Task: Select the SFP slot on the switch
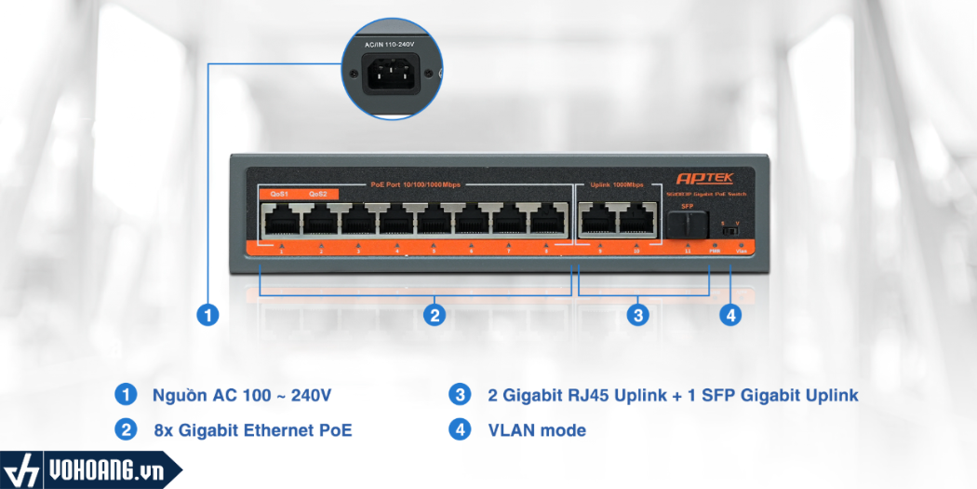[687, 224]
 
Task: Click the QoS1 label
[279, 194]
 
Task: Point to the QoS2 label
[318, 194]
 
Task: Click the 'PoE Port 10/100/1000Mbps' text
[415, 184]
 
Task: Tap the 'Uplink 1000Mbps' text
[615, 184]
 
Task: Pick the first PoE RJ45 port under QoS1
[280, 222]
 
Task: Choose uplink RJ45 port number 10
[637, 222]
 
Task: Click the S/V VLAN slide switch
[731, 229]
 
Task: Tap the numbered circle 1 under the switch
[209, 315]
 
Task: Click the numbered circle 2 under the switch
[434, 315]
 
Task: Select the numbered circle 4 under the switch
[730, 315]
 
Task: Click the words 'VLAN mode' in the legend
[537, 430]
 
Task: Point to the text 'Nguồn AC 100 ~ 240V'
[241, 395]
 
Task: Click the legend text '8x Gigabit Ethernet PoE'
[253, 430]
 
